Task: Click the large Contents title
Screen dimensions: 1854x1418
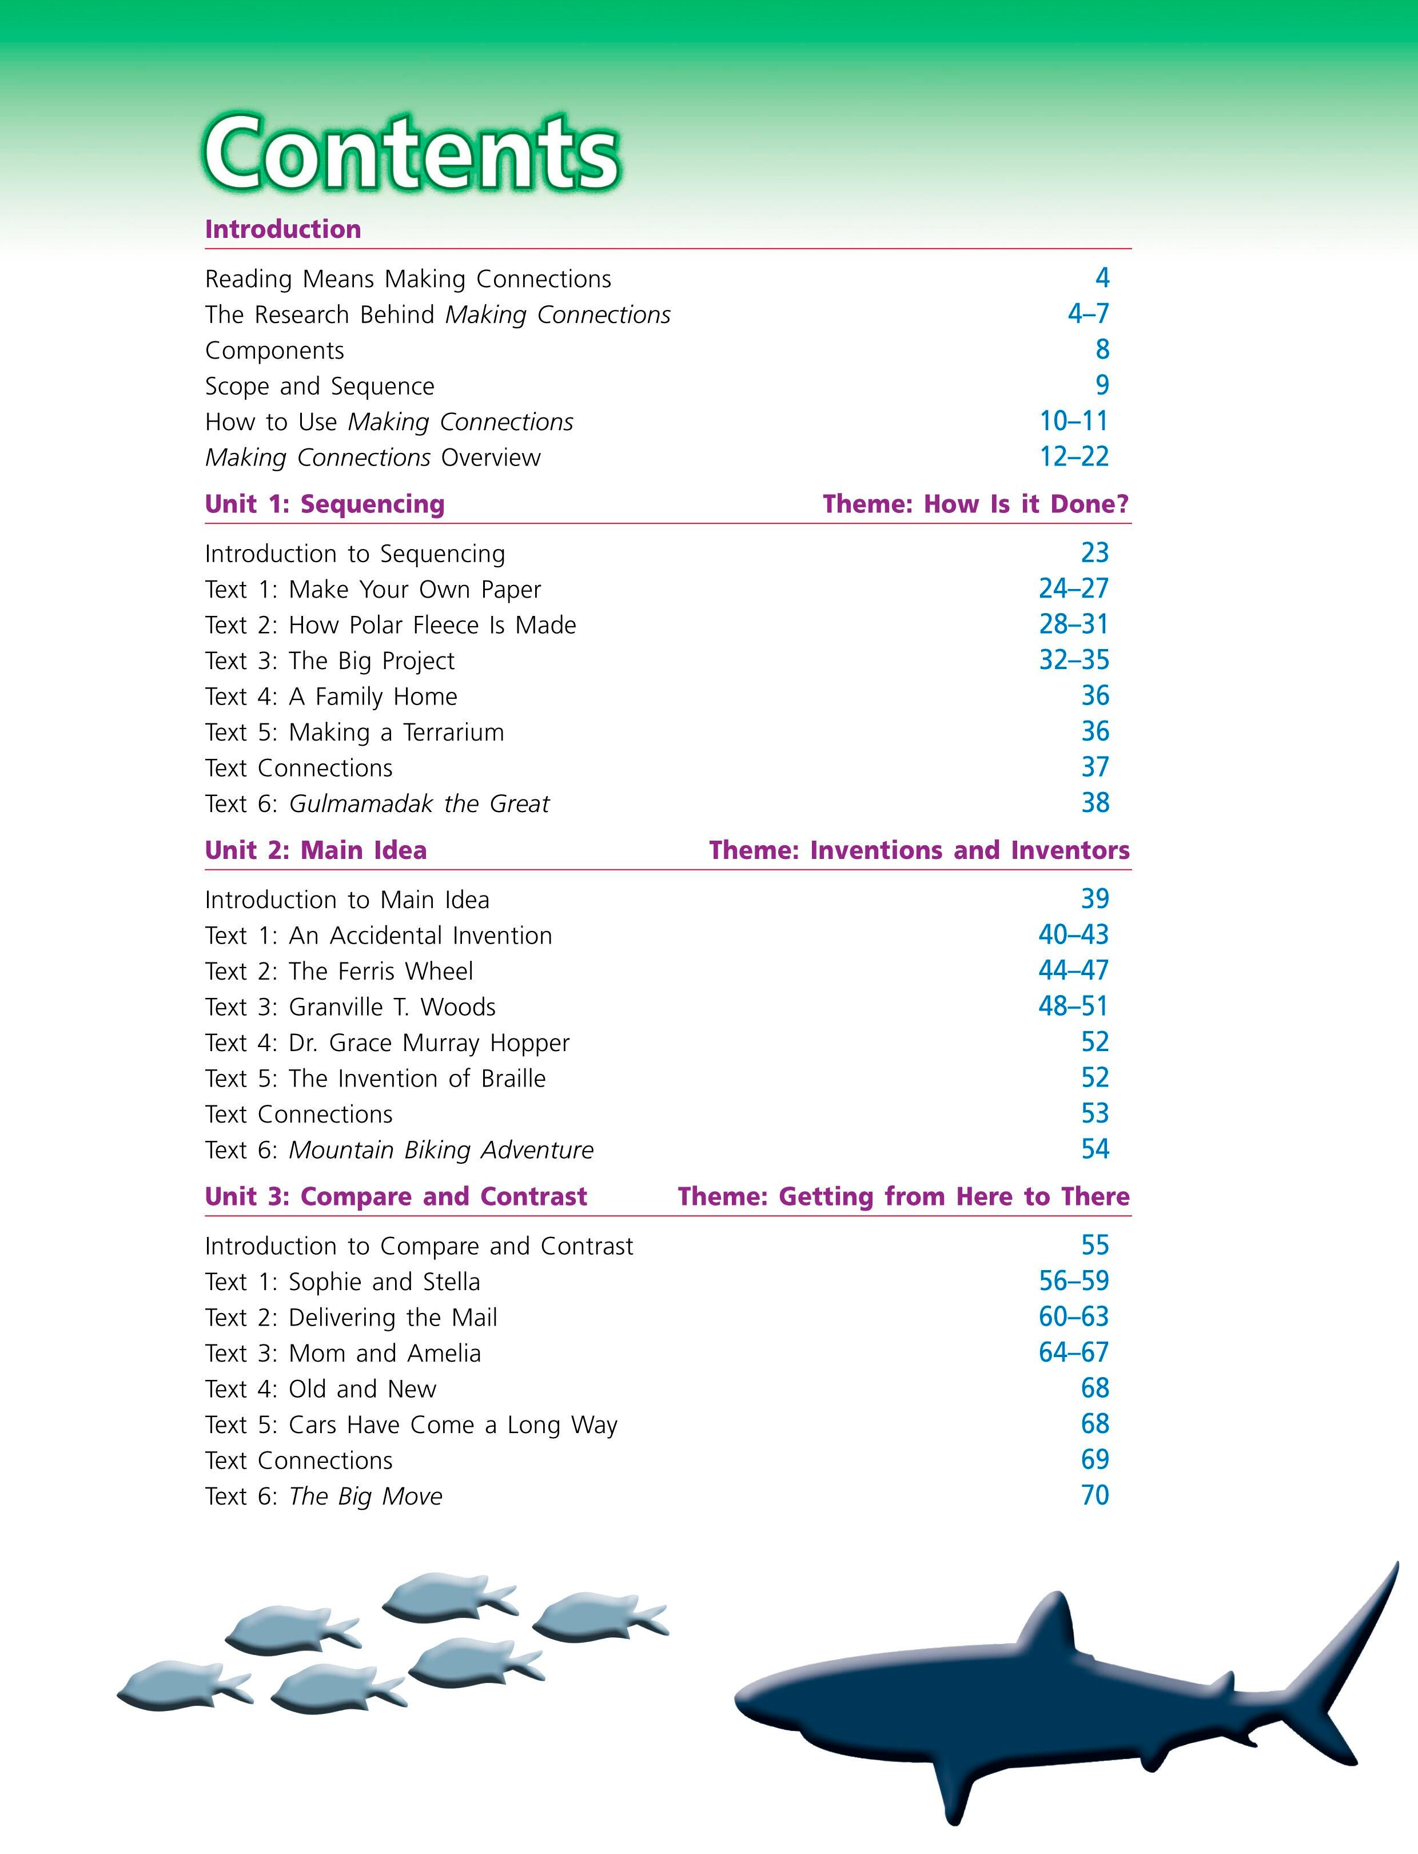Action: (x=412, y=154)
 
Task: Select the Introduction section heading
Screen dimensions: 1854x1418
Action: (x=283, y=229)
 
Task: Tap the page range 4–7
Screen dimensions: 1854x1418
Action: (x=1088, y=314)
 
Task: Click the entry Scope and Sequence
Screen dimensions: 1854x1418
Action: (x=319, y=386)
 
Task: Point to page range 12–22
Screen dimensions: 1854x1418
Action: (x=1074, y=457)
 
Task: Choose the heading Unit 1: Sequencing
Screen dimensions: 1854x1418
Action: (x=324, y=504)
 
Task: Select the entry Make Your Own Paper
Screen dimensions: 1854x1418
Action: (x=415, y=589)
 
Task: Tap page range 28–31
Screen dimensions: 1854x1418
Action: (x=1074, y=624)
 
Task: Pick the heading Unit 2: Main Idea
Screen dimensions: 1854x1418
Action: (x=316, y=850)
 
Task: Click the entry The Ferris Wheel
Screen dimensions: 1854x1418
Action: (x=381, y=971)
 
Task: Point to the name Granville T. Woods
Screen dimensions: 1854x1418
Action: (x=392, y=1007)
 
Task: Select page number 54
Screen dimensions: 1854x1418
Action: (x=1095, y=1149)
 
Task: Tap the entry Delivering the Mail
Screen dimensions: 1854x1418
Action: (x=392, y=1317)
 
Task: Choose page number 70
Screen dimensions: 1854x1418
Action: (x=1095, y=1495)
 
